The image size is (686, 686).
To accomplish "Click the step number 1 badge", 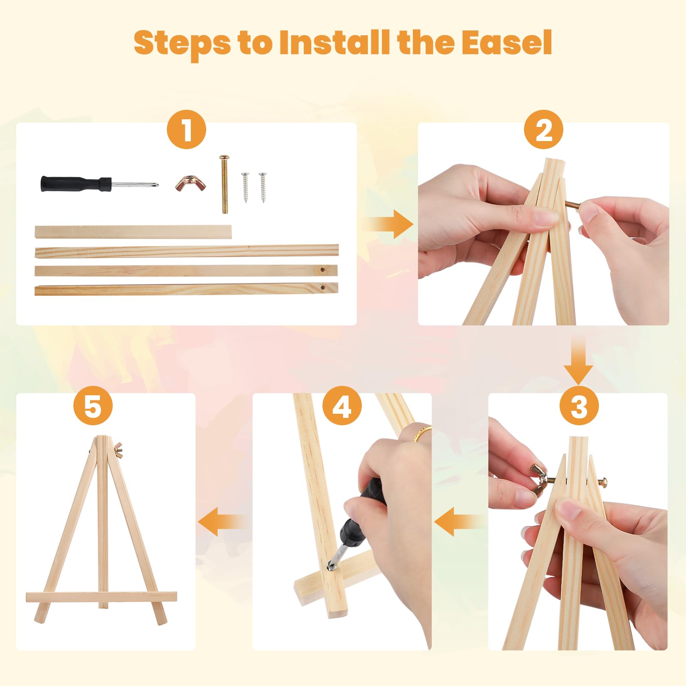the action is pyautogui.click(x=187, y=129).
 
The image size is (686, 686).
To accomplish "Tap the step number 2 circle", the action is pyautogui.click(x=544, y=129).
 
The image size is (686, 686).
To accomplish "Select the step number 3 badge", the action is pyautogui.click(x=579, y=405).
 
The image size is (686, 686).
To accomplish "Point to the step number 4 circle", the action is pyautogui.click(x=342, y=405).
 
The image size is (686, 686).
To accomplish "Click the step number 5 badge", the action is pyautogui.click(x=93, y=405).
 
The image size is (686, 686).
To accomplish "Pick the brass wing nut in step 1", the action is pyautogui.click(x=190, y=183).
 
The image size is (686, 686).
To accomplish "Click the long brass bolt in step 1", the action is pyautogui.click(x=224, y=184).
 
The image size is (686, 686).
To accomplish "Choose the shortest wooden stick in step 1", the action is pyautogui.click(x=133, y=232).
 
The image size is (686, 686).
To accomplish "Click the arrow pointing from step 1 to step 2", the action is pyautogui.click(x=388, y=224).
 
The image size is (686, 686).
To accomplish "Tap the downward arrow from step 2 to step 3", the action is pyautogui.click(x=578, y=360).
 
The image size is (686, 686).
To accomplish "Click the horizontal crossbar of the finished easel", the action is pyautogui.click(x=101, y=597).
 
